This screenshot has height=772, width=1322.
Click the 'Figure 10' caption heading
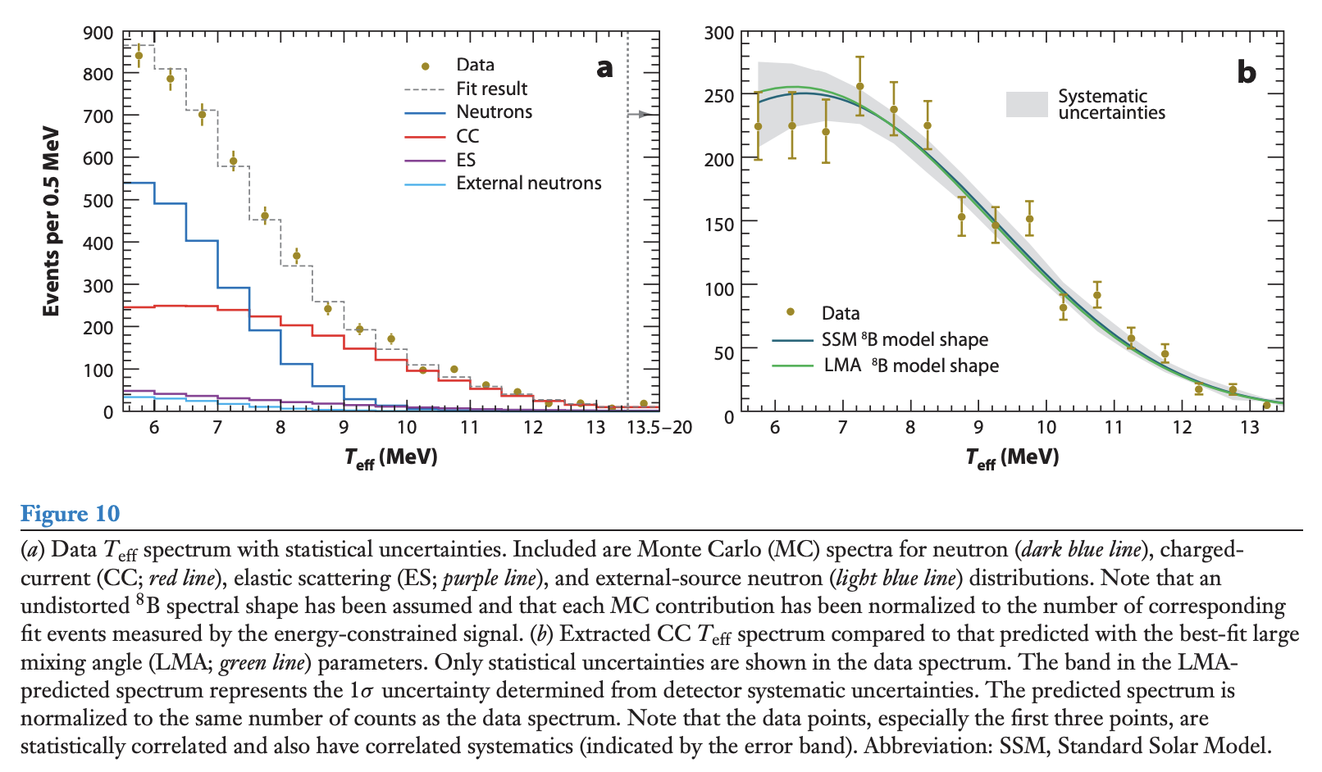[x=70, y=514]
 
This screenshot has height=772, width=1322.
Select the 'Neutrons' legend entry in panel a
[x=494, y=112]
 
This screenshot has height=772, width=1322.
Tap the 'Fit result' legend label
[x=491, y=89]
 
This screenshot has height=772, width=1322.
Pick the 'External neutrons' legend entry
[x=528, y=184]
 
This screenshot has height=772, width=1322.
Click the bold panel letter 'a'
[x=604, y=68]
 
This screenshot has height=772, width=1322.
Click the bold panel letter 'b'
[x=1246, y=73]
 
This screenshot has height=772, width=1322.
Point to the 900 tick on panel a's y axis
[x=98, y=34]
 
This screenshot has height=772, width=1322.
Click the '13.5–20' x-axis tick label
[x=659, y=428]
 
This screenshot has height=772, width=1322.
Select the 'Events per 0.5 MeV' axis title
[x=52, y=221]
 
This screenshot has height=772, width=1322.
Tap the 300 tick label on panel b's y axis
[x=719, y=34]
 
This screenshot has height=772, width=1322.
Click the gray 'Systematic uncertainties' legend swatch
[x=1027, y=104]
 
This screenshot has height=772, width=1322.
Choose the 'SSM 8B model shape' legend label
[x=904, y=339]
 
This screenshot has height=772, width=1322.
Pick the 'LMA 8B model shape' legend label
[x=910, y=366]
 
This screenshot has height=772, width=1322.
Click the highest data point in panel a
[x=139, y=56]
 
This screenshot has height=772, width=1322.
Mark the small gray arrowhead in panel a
[x=645, y=114]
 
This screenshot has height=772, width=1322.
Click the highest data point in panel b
[x=859, y=86]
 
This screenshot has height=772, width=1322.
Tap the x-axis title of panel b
[x=1012, y=457]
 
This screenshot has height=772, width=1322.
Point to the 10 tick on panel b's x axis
[x=1046, y=428]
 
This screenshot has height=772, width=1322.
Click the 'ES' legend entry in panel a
[x=466, y=160]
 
